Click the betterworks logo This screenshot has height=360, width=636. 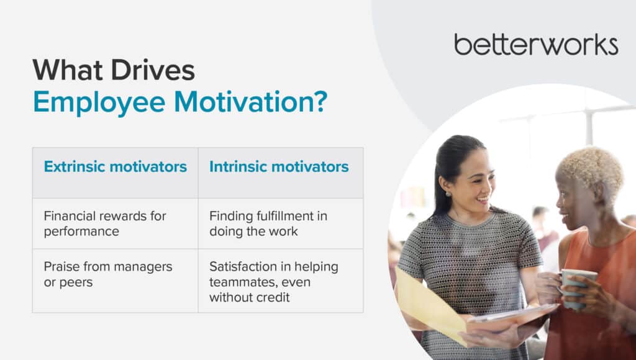pyautogui.click(x=536, y=45)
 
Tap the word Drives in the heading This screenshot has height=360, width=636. pyautogui.click(x=153, y=70)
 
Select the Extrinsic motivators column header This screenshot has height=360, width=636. pyautogui.click(x=115, y=166)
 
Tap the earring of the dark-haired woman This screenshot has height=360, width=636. pyautogui.click(x=448, y=194)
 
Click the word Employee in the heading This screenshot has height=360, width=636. pyautogui.click(x=99, y=102)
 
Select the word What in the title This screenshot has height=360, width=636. pyautogui.click(x=67, y=70)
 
